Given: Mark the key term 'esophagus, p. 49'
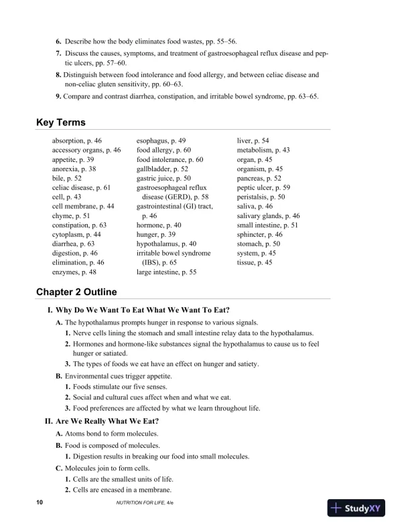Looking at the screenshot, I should (161, 141).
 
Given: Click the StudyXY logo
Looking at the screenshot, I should (360, 509).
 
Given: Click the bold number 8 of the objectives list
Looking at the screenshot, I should (59, 76).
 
